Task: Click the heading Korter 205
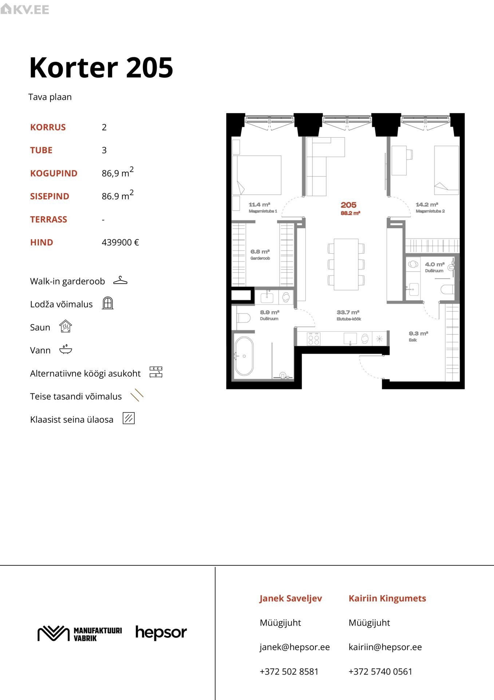tap(101, 68)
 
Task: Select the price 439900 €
tap(120, 242)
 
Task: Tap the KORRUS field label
tap(48, 127)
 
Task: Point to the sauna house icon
tap(66, 326)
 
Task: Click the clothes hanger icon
tap(120, 280)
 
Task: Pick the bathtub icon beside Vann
tap(66, 349)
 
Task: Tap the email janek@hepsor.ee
tap(295, 647)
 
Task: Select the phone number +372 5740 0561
tap(380, 672)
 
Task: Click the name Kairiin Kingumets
tap(387, 598)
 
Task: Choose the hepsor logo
tap(161, 633)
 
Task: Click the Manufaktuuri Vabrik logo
tap(80, 634)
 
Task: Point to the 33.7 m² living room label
tap(348, 315)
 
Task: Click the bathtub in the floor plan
tap(244, 356)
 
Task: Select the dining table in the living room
tap(346, 264)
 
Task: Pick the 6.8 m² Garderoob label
tap(260, 254)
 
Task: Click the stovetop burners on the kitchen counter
tap(314, 339)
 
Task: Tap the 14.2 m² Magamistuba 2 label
tap(430, 207)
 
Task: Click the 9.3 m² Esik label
tap(418, 336)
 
